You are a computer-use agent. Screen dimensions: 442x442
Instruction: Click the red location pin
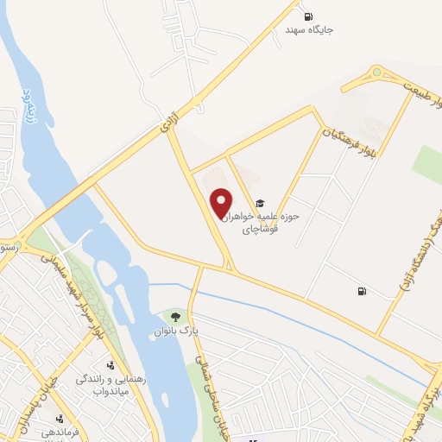click(x=222, y=203)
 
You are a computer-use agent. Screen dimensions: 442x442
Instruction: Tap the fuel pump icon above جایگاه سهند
click(x=309, y=16)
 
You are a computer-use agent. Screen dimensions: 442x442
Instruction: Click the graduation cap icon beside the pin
click(x=261, y=204)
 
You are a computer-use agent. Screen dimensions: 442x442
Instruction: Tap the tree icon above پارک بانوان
click(x=176, y=317)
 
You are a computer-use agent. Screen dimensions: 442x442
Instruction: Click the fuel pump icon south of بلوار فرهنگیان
click(x=360, y=291)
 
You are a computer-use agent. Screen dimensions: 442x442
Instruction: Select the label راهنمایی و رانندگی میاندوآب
click(x=110, y=385)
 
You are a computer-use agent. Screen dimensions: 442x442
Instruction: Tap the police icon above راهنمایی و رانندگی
click(x=110, y=364)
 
